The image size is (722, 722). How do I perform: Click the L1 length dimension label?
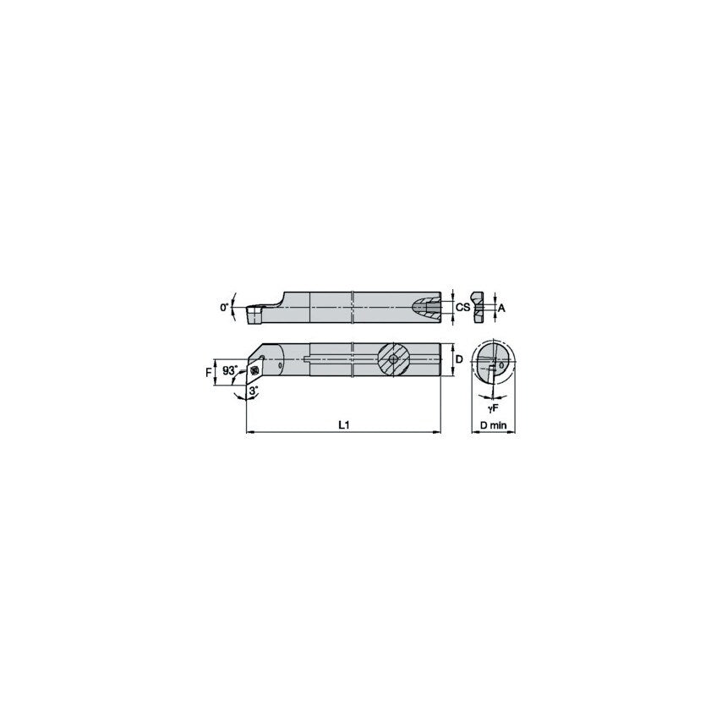[344, 424]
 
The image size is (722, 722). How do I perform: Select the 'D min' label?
[493, 425]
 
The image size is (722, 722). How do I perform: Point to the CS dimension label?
[462, 309]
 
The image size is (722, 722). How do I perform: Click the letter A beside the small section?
[500, 309]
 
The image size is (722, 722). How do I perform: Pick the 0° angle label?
[225, 309]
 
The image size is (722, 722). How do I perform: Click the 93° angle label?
[229, 370]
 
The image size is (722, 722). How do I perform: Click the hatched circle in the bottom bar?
[393, 359]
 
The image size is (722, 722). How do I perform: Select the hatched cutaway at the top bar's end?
[427, 308]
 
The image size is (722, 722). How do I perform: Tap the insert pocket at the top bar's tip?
[253, 315]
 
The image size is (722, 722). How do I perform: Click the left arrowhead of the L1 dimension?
[249, 432]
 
